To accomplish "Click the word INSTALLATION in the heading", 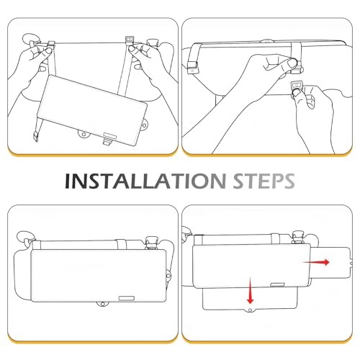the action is point(145,181).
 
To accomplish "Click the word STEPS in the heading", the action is point(264,181).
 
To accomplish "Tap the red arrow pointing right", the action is point(316,262).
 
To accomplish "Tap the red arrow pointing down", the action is point(251,290).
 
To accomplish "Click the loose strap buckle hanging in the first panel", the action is point(36,136).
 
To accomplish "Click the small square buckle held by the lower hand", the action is point(297,86).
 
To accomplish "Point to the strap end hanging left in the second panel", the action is point(192,68).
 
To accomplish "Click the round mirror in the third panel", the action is point(24,237).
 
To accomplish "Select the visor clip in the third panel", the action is point(151,242).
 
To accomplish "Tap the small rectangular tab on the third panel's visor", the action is point(127,298).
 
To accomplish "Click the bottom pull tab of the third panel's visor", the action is point(103,304).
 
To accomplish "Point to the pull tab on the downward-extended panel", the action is point(251,310).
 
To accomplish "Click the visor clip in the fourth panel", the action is point(298,237).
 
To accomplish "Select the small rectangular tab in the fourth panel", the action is point(278,285).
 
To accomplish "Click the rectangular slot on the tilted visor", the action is point(110,135).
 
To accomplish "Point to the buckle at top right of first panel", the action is point(130,40).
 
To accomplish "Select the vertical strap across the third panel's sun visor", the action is point(122,244).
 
